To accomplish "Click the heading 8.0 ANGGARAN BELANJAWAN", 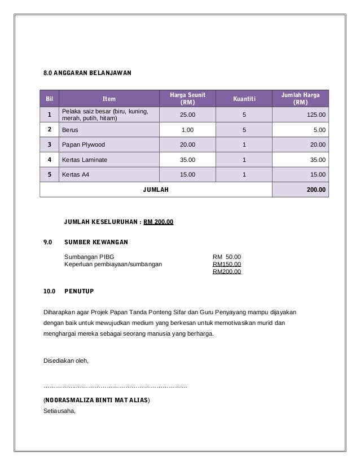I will (87, 73).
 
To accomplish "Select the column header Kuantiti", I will (244, 100).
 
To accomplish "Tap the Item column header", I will (109, 100).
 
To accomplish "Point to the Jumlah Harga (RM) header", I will (300, 100).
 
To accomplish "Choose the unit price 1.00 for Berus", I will (186, 129).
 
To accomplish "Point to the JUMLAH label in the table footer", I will (156, 190).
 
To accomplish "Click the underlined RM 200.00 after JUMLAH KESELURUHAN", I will (159, 222).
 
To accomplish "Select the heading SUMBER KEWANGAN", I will (96, 243).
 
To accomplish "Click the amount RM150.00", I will (226, 264).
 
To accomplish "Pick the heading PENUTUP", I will (79, 292).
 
